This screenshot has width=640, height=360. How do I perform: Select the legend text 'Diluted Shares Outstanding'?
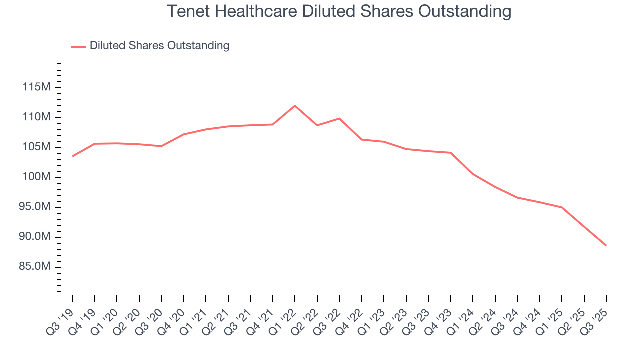159,46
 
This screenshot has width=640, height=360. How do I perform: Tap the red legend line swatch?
78,46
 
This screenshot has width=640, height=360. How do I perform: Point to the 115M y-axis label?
36,88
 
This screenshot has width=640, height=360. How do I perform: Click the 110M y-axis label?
36,117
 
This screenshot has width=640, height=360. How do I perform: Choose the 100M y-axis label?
36,177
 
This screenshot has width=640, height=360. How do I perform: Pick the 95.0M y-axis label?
34,207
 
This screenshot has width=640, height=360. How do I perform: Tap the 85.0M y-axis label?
34,267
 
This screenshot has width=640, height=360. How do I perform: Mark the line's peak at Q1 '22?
295,106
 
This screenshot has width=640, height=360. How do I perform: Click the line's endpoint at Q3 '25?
606,245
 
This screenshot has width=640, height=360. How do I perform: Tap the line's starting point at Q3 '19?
72,156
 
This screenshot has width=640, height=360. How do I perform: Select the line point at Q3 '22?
339,118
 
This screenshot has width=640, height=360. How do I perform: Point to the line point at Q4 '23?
451,153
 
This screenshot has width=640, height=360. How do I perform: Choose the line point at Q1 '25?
562,207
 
